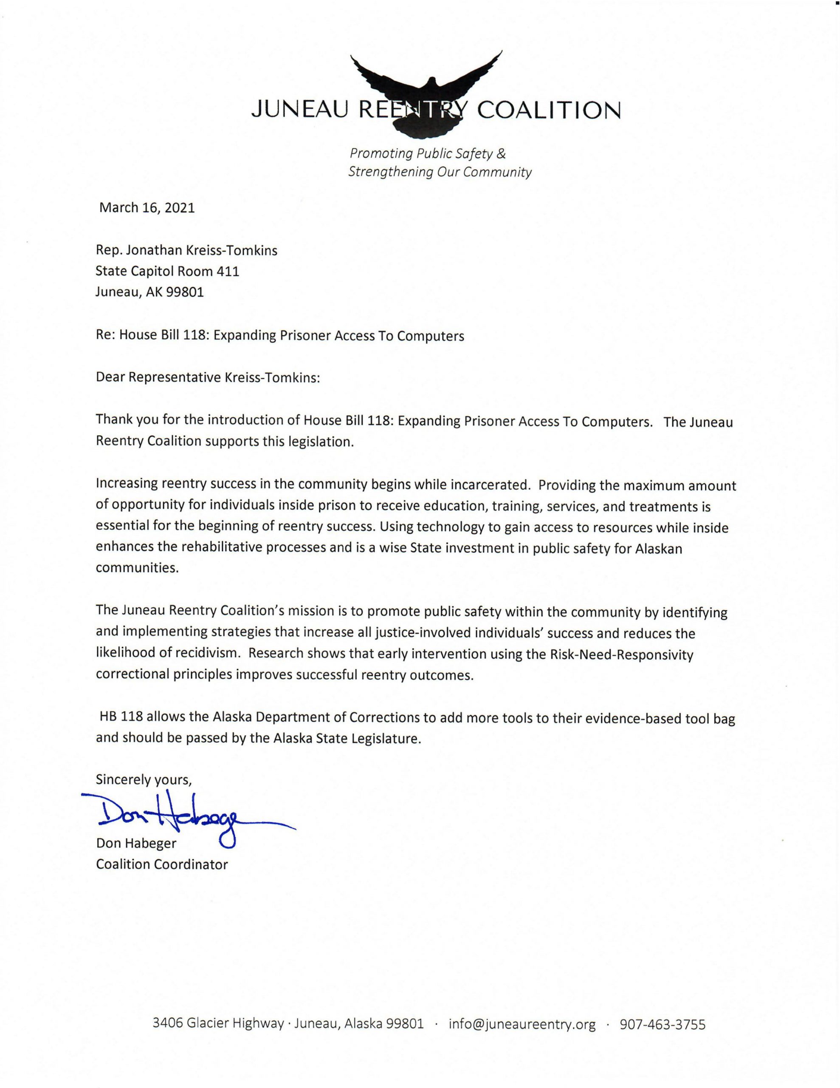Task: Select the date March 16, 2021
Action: [147, 208]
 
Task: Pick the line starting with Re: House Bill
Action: [280, 336]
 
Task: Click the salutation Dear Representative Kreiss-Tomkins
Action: [207, 377]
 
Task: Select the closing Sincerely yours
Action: [144, 779]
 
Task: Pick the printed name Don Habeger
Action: [136, 843]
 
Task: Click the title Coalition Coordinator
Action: [162, 864]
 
